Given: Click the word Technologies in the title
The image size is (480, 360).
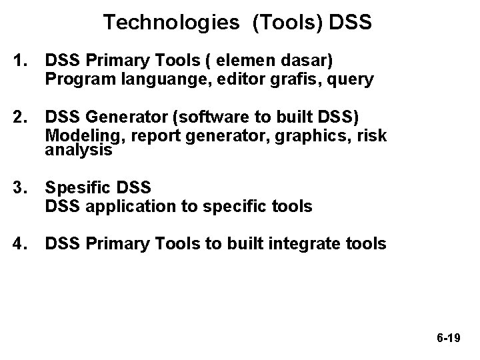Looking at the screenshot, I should pyautogui.click(x=171, y=23).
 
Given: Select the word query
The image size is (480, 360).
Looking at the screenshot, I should pyautogui.click(x=350, y=81).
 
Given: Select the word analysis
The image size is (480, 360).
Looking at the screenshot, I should pyautogui.click(x=79, y=150).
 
